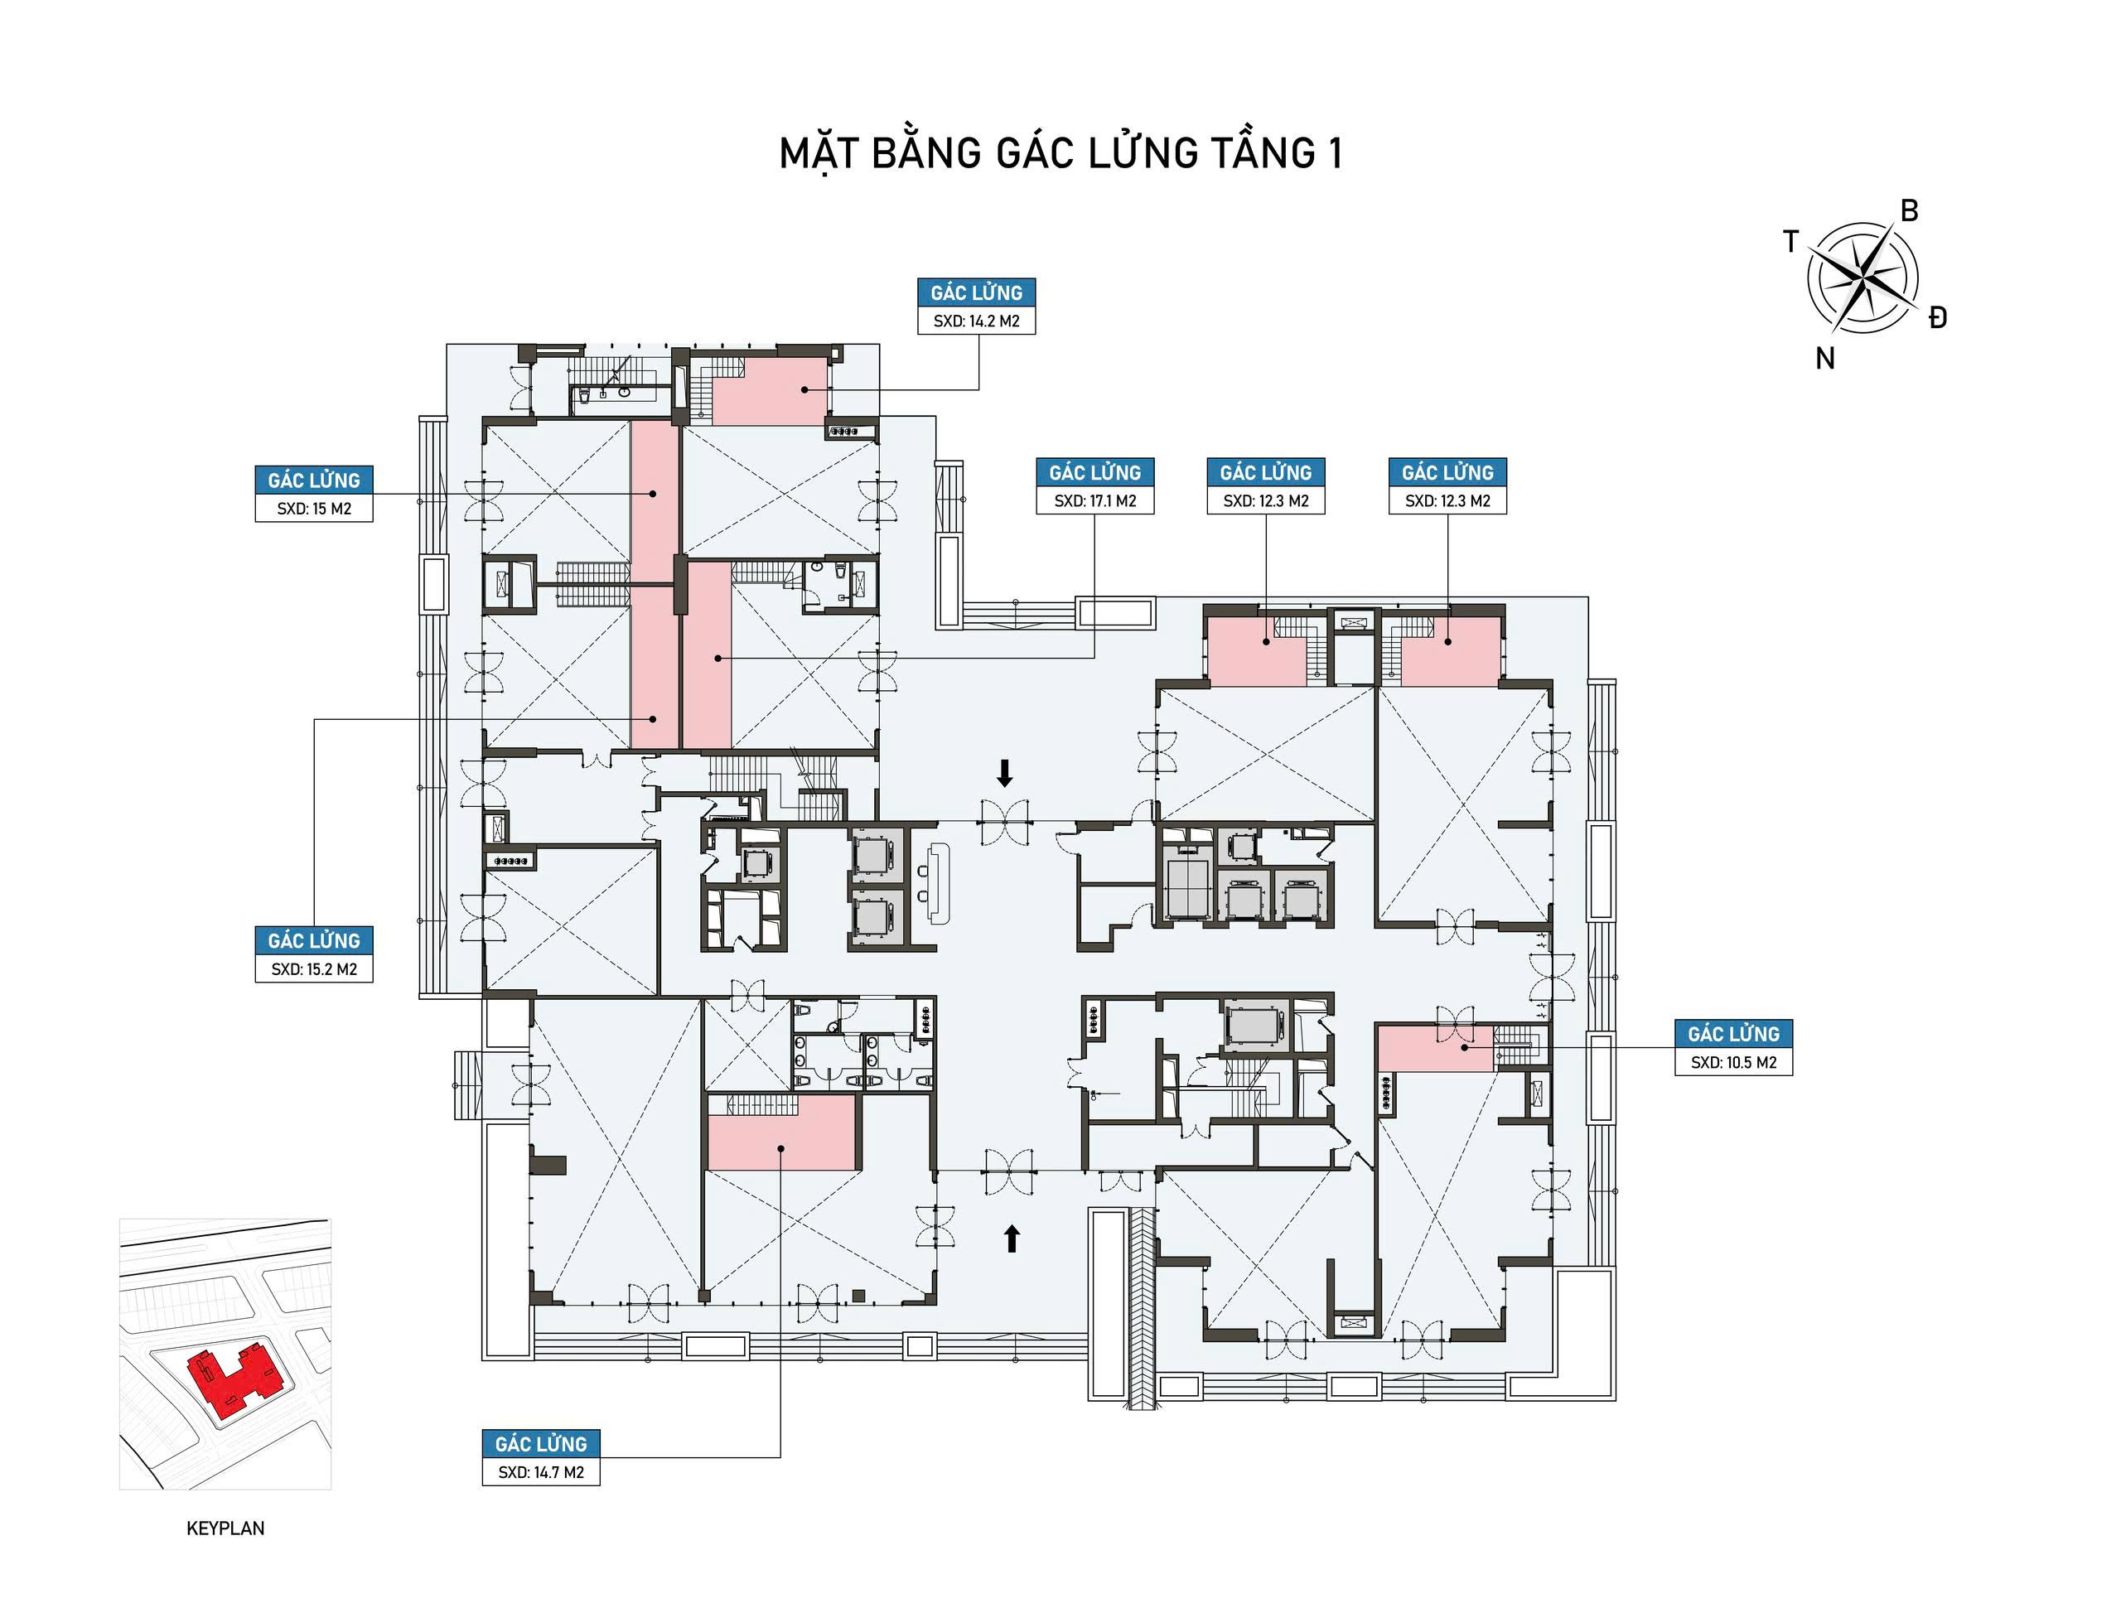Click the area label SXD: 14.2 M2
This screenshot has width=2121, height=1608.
[976, 321]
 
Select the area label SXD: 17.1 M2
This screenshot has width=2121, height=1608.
[1095, 500]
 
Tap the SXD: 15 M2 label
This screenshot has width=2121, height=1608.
[313, 508]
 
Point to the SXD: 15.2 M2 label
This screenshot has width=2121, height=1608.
[313, 969]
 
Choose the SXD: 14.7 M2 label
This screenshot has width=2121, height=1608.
[541, 1472]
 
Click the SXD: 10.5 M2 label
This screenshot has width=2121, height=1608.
[1733, 1062]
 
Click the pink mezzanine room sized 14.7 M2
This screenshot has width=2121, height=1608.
[781, 1134]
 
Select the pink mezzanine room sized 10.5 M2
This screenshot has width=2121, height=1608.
[1436, 1048]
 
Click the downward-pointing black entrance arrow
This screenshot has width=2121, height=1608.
[1005, 773]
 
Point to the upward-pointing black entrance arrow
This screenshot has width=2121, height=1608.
[1011, 1239]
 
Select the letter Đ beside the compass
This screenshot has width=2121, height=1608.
[1938, 318]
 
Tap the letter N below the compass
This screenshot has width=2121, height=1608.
[1824, 359]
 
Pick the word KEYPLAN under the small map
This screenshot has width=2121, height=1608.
[225, 1528]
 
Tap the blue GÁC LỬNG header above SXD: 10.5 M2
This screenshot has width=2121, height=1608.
[1733, 1034]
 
